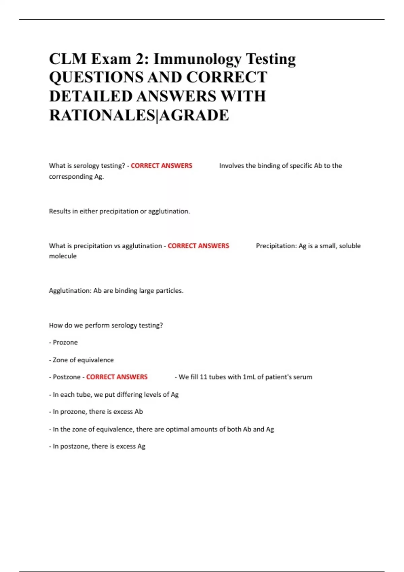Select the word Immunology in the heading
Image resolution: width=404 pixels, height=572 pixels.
(x=197, y=59)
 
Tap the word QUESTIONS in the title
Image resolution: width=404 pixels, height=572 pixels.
(x=96, y=78)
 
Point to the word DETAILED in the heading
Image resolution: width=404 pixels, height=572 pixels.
(x=91, y=97)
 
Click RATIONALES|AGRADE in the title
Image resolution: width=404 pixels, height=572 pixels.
(x=139, y=115)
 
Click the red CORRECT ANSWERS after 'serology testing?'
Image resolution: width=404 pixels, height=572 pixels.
(x=161, y=166)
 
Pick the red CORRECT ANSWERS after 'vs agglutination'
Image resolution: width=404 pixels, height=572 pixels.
(x=198, y=246)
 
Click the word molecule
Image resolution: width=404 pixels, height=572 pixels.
(x=63, y=256)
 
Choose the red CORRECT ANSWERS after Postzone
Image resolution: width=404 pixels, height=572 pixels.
(x=117, y=377)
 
